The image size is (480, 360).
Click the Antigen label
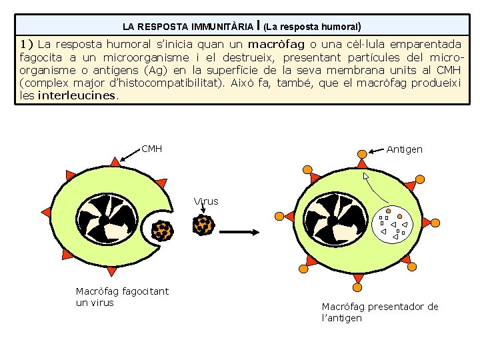(x=404, y=149)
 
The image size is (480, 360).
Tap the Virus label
(x=206, y=201)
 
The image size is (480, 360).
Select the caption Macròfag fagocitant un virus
(x=122, y=297)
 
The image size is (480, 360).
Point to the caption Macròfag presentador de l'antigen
(x=380, y=312)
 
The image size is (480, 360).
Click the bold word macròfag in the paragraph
(x=276, y=45)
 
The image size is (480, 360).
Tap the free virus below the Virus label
(x=203, y=225)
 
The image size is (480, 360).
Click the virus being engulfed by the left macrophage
(x=162, y=231)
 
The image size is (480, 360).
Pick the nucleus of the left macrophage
(x=103, y=220)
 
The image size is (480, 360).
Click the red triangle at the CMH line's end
(x=115, y=162)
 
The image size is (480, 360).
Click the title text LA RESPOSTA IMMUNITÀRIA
(x=189, y=27)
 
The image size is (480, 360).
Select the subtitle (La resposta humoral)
(x=313, y=27)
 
